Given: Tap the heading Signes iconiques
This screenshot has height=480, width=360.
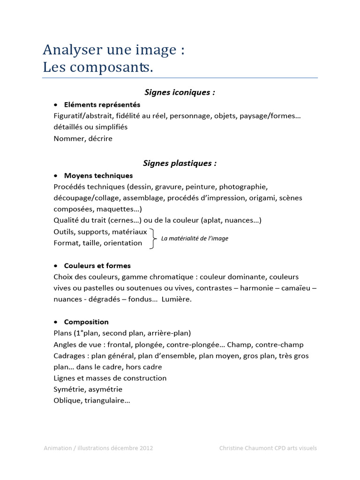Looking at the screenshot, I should point(180,92).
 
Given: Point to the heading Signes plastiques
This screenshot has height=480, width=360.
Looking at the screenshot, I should point(180,164).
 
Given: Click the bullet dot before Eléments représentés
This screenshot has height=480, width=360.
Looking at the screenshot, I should point(56,105).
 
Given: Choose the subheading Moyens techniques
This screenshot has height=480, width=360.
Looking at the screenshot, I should point(98,176).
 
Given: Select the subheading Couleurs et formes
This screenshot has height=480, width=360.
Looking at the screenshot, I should point(97,266).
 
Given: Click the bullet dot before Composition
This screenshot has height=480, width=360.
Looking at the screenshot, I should point(56,322).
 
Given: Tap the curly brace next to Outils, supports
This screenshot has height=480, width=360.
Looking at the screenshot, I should point(153,238).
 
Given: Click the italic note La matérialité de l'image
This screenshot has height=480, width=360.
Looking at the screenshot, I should point(195,239).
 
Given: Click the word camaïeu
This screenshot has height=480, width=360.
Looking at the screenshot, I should point(295,288).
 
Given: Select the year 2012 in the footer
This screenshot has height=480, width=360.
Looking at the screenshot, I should point(145,448).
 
